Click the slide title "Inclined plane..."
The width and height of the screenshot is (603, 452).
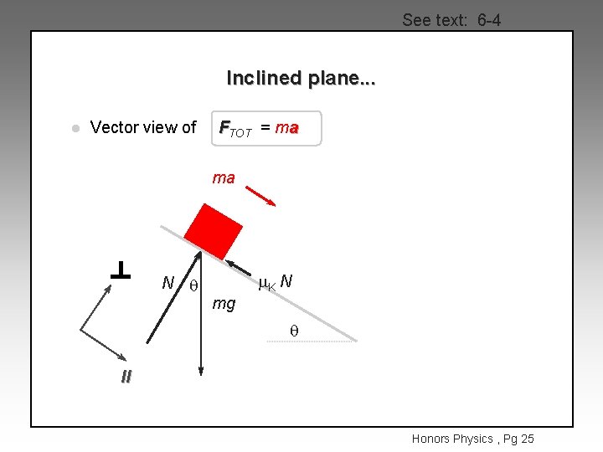click(x=301, y=79)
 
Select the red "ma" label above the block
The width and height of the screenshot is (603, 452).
click(x=224, y=177)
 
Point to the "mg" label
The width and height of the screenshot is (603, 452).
click(x=224, y=303)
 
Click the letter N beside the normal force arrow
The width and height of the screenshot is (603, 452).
click(x=167, y=283)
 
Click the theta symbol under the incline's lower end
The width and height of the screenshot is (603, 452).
click(x=294, y=331)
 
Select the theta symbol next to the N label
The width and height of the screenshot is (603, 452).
click(x=193, y=285)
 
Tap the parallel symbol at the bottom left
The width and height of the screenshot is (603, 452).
click(x=126, y=378)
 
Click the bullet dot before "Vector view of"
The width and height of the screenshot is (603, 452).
click(x=74, y=129)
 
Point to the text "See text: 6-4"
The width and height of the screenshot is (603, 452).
click(x=451, y=20)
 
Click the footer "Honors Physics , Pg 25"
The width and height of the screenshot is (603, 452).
click(x=472, y=439)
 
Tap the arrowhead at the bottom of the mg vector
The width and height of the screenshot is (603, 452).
click(x=201, y=368)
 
